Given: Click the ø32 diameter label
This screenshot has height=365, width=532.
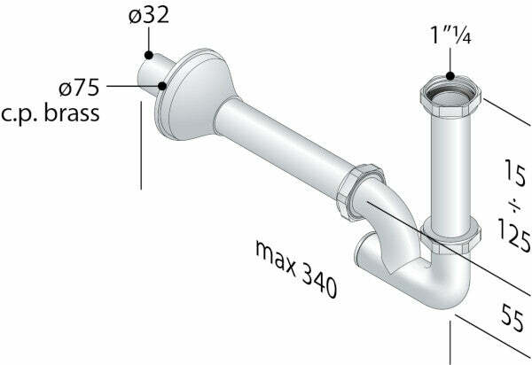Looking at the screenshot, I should (147, 17).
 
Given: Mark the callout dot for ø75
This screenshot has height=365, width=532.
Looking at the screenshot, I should (163, 87).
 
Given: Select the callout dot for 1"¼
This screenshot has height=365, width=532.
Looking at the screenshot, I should (450, 76).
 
